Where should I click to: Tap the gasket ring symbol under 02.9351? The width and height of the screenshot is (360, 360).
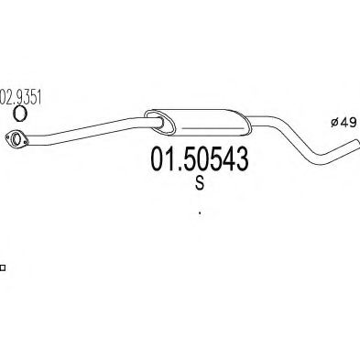click(x=18, y=113)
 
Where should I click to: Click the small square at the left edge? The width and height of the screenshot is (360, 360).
click(x=3, y=267)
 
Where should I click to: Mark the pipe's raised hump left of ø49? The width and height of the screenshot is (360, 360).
click(x=275, y=120)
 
